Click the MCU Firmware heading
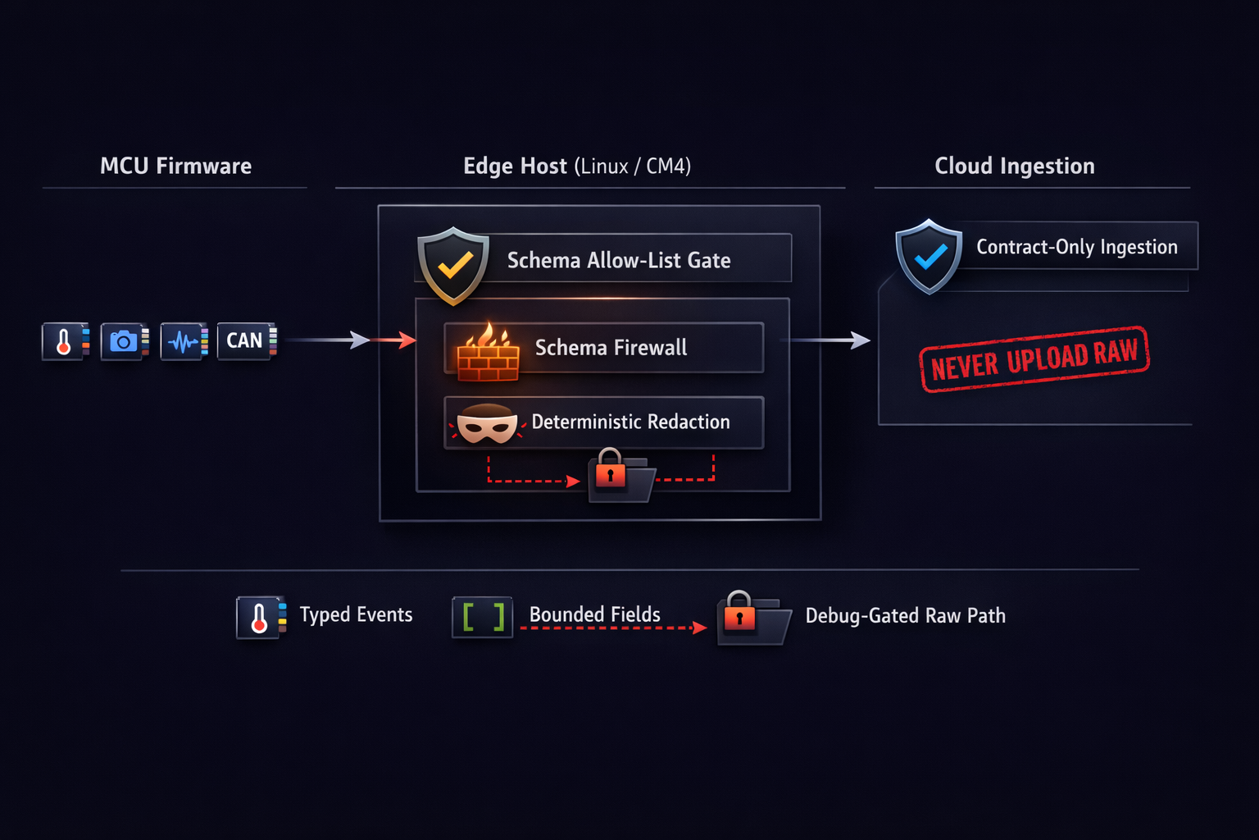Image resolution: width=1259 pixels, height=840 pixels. (175, 166)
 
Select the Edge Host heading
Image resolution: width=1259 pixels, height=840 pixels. (576, 166)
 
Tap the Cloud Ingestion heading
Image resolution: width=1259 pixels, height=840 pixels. (1014, 166)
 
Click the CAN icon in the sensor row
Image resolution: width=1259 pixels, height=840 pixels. (246, 340)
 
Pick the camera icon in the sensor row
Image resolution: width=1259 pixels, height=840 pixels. (124, 340)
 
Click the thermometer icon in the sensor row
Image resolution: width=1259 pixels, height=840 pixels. (65, 340)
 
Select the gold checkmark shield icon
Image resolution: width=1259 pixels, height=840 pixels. (453, 265)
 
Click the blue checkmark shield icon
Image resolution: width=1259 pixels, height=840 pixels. (929, 256)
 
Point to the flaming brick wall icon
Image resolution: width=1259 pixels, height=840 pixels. (488, 353)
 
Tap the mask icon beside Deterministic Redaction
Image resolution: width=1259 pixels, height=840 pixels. (487, 424)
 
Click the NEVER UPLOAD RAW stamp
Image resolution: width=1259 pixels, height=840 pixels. (1034, 359)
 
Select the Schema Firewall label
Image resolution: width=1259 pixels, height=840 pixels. (611, 348)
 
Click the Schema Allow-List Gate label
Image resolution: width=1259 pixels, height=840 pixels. (619, 261)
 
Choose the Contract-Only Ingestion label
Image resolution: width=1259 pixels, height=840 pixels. (1076, 247)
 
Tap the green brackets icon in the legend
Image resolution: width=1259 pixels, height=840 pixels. (483, 617)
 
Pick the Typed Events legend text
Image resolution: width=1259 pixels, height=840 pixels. (356, 615)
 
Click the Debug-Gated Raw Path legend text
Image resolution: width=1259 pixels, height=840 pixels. (905, 616)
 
